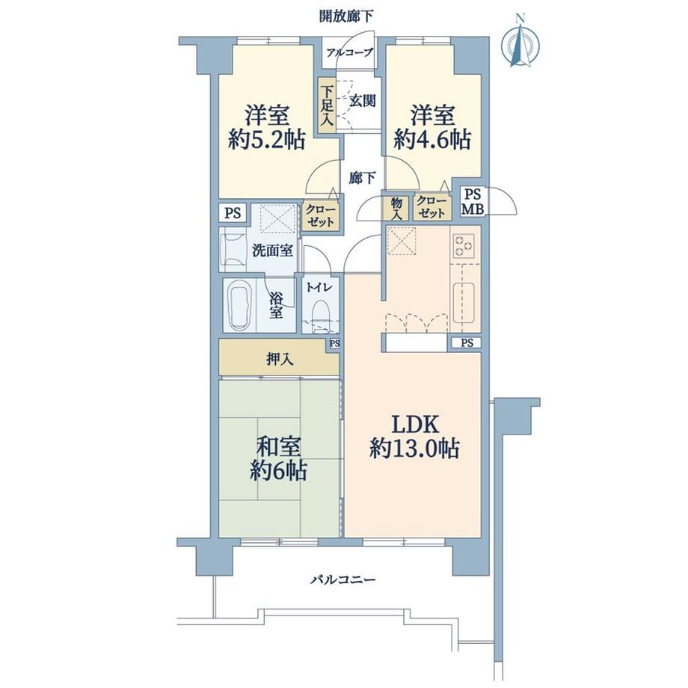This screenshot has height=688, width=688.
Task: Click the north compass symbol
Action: pos(520,42)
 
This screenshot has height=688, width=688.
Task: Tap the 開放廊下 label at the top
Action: pos(346,16)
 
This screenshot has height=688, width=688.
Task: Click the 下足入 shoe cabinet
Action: pos(327,105)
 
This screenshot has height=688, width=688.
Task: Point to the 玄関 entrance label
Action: pos(363,101)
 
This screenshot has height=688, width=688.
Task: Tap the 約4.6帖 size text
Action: pos(432,140)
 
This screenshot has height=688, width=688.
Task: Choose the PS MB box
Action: pos(472,201)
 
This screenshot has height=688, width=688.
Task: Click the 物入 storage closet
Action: pos(396,208)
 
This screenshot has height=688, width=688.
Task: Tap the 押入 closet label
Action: pos(280,360)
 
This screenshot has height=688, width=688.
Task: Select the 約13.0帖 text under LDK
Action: pos(414,449)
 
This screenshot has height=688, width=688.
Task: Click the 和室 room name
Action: pos(279,446)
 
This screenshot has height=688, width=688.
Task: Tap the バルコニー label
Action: pos(343,580)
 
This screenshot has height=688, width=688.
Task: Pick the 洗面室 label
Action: pos(272,251)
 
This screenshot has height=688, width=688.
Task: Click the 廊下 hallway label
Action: pos(363,178)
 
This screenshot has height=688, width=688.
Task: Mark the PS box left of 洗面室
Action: pos(233,213)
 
